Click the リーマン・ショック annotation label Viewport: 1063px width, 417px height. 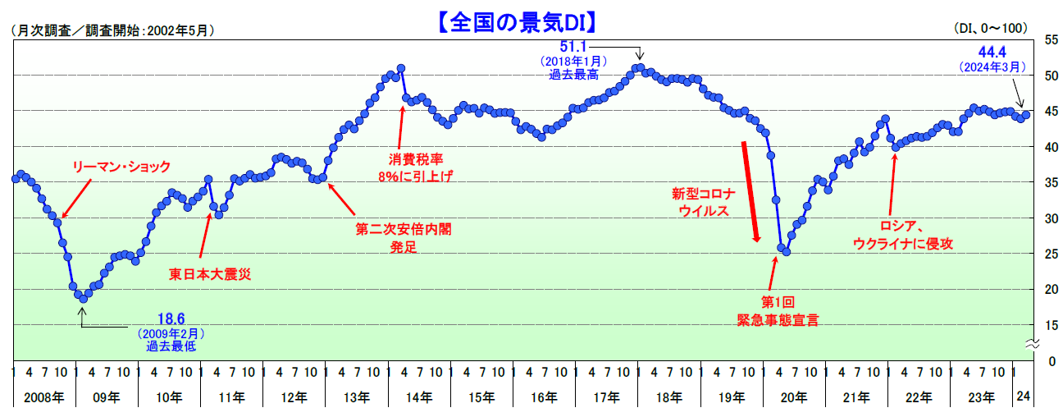click(x=121, y=167)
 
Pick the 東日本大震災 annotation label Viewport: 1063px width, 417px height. click(x=209, y=274)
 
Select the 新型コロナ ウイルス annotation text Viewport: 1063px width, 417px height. click(x=703, y=203)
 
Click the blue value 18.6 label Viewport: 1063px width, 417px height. click(x=171, y=318)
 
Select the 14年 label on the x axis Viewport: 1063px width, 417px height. click(x=419, y=397)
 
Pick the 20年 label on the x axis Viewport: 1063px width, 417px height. click(x=793, y=397)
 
